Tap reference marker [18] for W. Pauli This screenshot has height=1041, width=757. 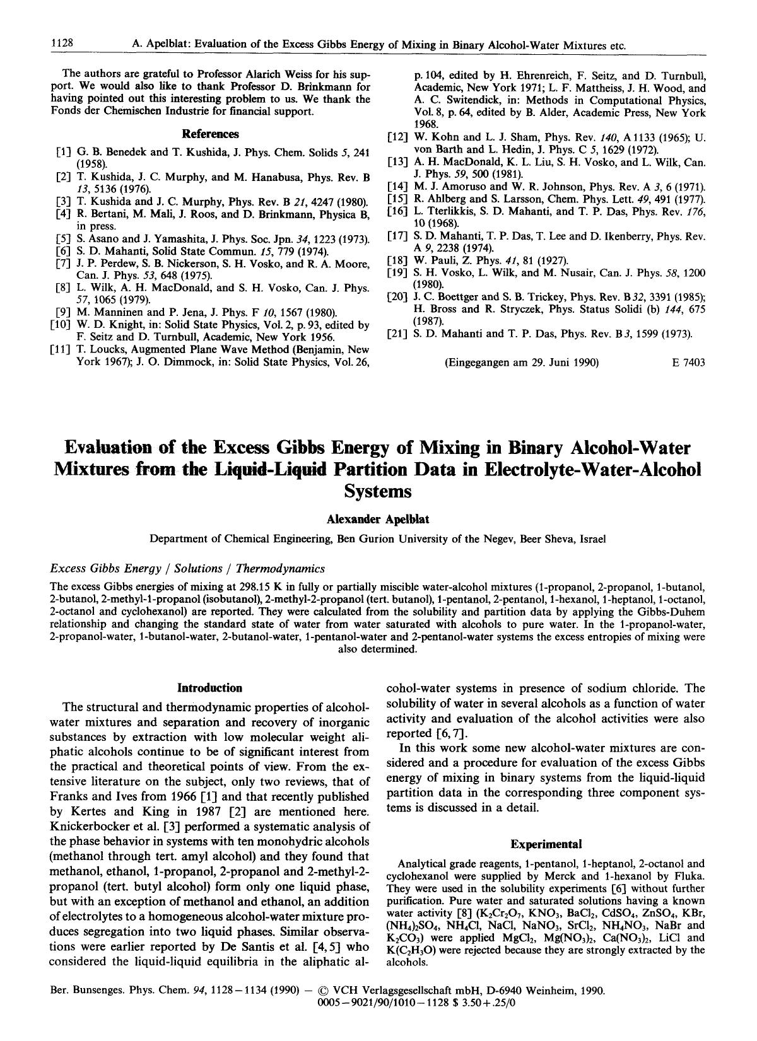(x=397, y=260)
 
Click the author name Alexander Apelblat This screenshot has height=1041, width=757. (x=377, y=519)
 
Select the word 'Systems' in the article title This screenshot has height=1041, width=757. (x=377, y=491)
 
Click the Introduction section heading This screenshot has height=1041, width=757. (x=210, y=688)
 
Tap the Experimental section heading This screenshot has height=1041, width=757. (x=546, y=844)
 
